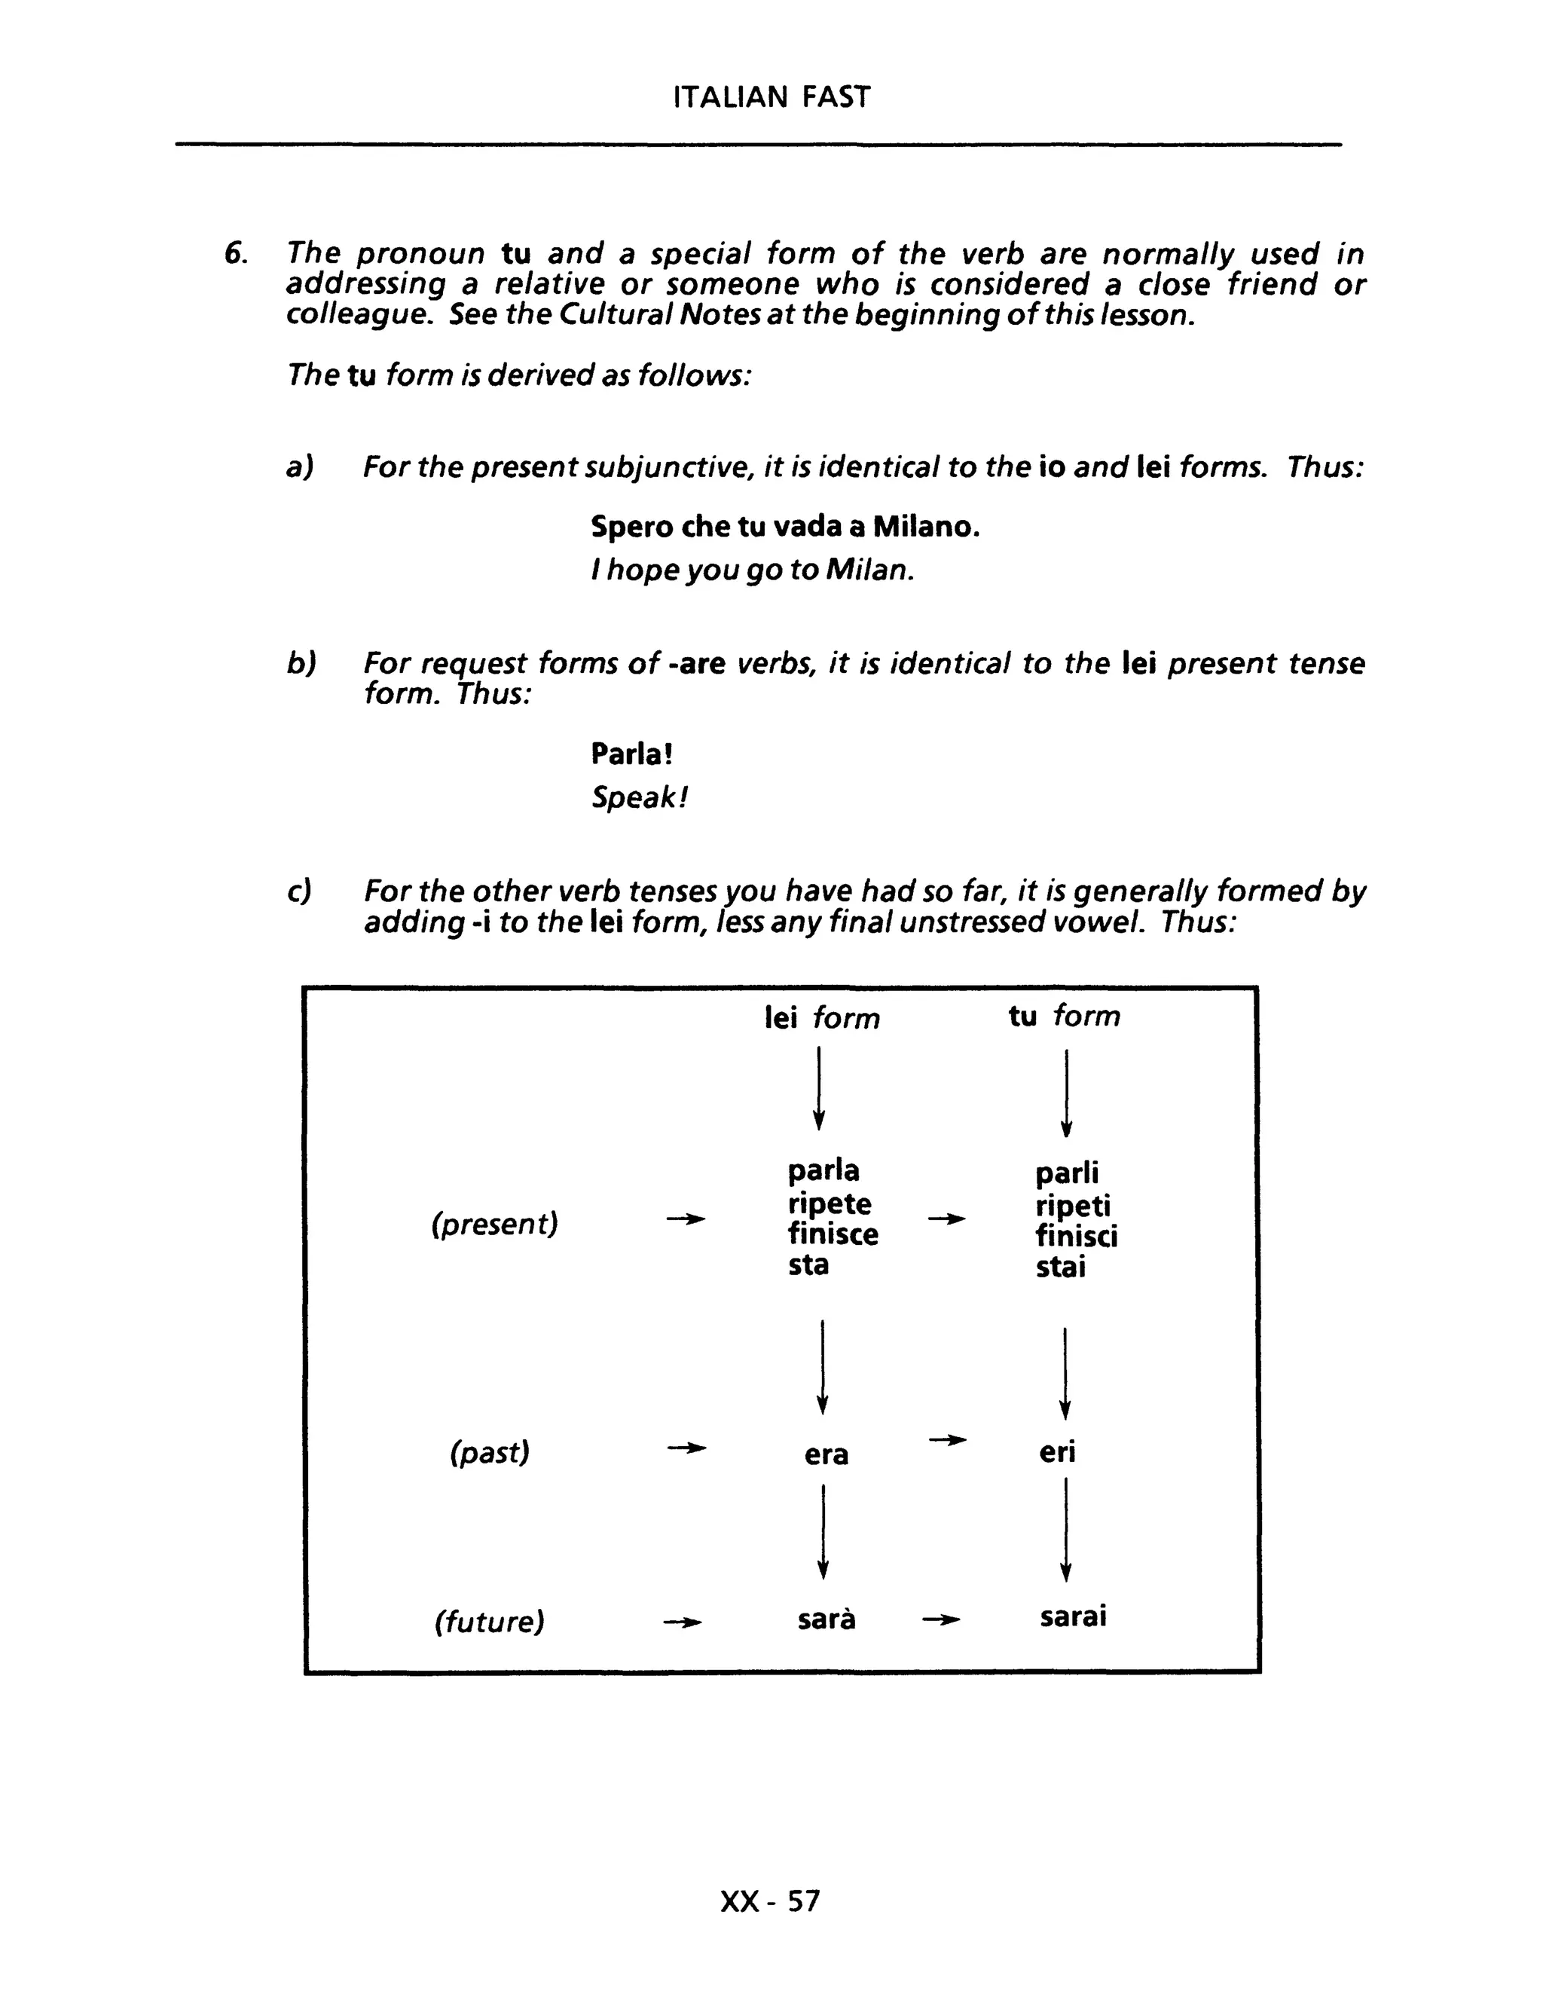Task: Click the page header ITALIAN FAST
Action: pyautogui.click(x=771, y=97)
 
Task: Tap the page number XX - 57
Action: pyautogui.click(x=770, y=1901)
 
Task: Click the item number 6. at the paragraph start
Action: pyautogui.click(x=236, y=253)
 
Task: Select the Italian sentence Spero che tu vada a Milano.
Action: pyautogui.click(x=784, y=527)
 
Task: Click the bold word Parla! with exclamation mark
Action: pyautogui.click(x=631, y=754)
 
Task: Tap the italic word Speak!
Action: pyautogui.click(x=638, y=797)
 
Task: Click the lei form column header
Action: pyautogui.click(x=822, y=1017)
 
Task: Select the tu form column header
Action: pyautogui.click(x=1064, y=1016)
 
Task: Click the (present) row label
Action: pyautogui.click(x=494, y=1223)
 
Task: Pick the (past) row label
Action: pyautogui.click(x=490, y=1452)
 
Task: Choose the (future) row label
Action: pyautogui.click(x=489, y=1621)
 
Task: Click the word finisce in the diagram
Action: pyautogui.click(x=833, y=1234)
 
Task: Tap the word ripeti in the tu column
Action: pyautogui.click(x=1072, y=1205)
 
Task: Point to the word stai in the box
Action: pyautogui.click(x=1060, y=1268)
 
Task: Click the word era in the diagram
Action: pyautogui.click(x=826, y=1454)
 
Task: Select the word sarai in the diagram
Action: pyautogui.click(x=1072, y=1616)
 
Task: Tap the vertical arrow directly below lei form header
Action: pyautogui.click(x=819, y=1088)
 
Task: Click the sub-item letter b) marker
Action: pyautogui.click(x=301, y=663)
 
